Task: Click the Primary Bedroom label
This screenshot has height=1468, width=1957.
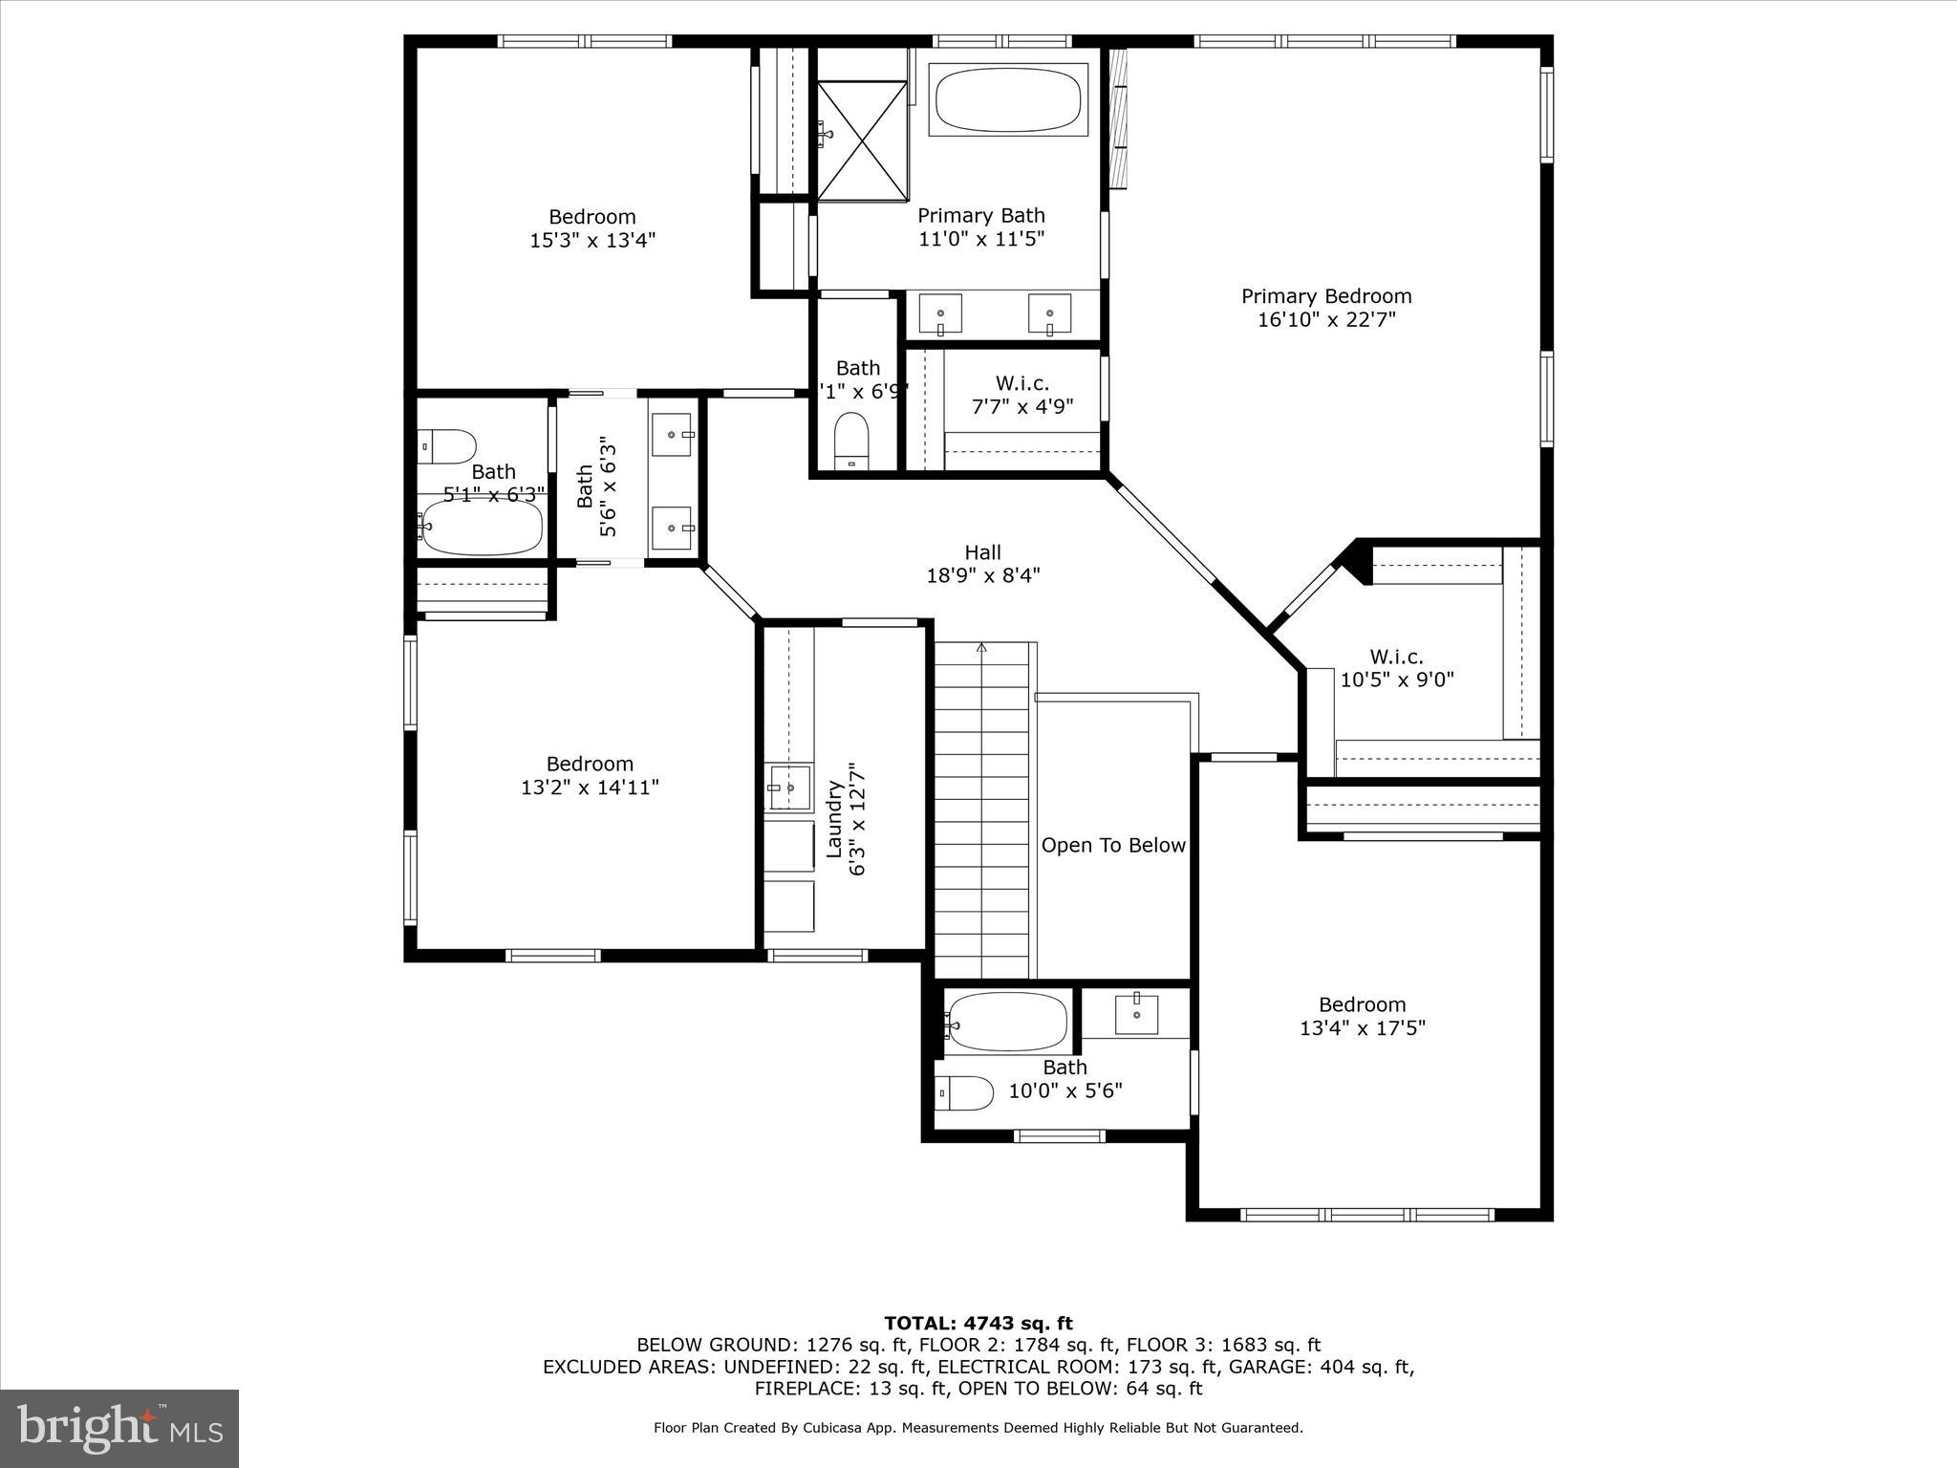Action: click(x=1325, y=297)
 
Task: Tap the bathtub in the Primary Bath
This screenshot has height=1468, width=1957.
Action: click(x=1008, y=100)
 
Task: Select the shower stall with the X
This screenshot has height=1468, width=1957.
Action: click(x=862, y=141)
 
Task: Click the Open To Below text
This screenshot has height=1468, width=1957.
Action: click(x=1113, y=846)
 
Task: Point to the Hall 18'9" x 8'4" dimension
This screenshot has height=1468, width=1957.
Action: click(x=982, y=575)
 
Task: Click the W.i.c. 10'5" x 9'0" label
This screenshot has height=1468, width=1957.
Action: click(x=1396, y=668)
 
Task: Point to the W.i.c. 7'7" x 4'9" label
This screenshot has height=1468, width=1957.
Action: click(x=1022, y=395)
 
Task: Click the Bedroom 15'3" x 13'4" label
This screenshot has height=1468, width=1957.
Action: click(x=591, y=228)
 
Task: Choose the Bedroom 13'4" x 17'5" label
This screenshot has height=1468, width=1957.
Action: click(x=1362, y=1016)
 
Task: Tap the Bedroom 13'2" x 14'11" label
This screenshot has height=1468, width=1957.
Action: click(x=590, y=775)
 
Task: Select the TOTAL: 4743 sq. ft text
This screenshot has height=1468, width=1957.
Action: click(x=978, y=1324)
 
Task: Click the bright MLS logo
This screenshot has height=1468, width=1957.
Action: click(x=119, y=1429)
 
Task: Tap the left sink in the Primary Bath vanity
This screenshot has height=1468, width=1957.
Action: click(x=941, y=314)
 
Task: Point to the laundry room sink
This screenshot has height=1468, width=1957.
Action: click(x=788, y=788)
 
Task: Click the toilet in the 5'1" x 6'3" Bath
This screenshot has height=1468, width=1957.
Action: click(x=447, y=446)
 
